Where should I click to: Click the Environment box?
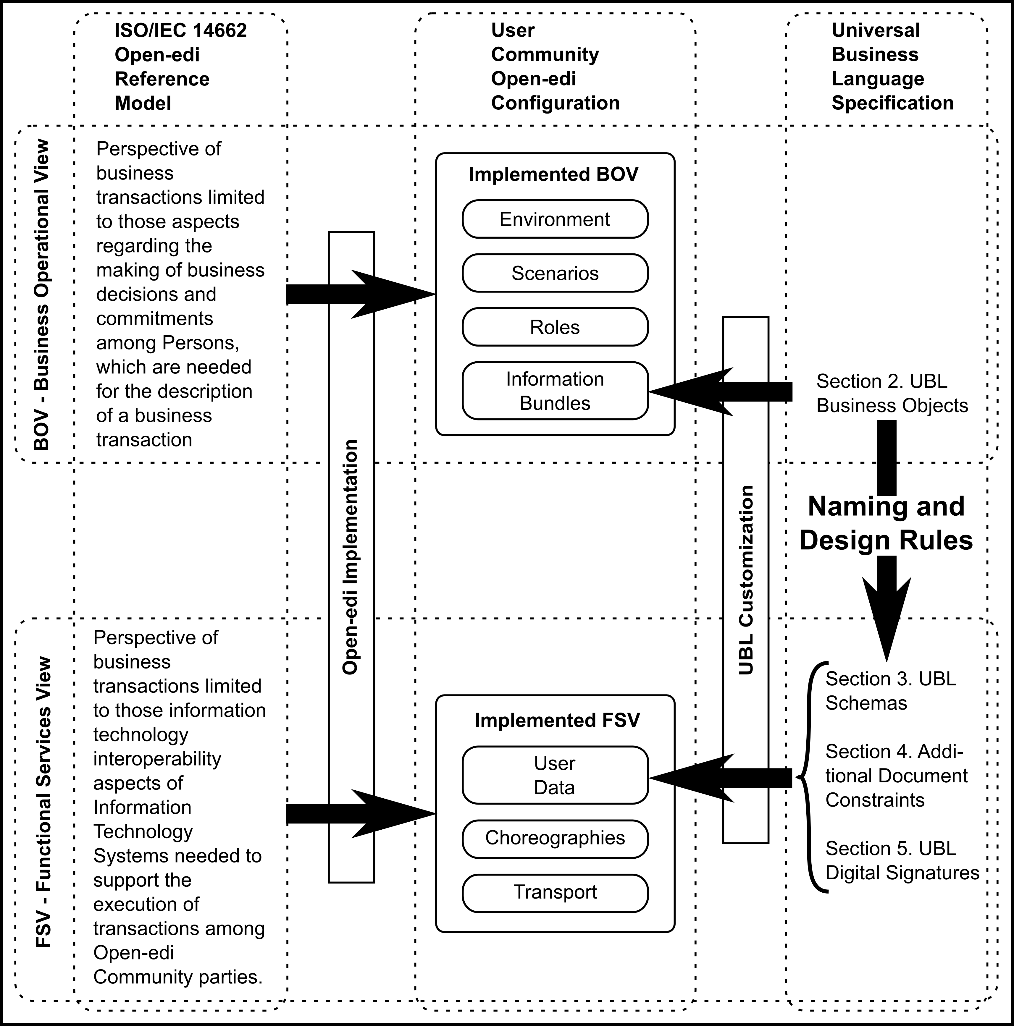coord(555,219)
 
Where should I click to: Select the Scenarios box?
coord(555,273)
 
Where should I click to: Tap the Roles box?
coord(555,327)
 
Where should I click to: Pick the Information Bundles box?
coord(555,391)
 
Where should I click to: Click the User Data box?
coord(555,775)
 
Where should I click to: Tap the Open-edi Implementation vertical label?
coord(351,557)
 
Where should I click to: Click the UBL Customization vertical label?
coord(746,580)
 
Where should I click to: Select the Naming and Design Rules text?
coord(886,523)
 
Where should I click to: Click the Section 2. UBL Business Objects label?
coord(892,394)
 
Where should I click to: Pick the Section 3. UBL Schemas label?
coord(891,691)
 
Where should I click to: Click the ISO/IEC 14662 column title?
coord(181,67)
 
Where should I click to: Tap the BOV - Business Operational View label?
coord(41,295)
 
